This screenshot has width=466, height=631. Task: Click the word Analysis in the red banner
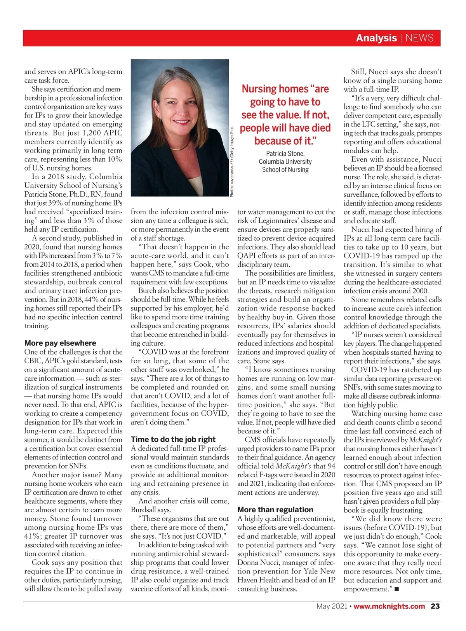coord(376,38)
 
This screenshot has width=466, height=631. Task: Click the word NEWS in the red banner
coord(419,38)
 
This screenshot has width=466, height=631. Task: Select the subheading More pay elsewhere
coord(60,343)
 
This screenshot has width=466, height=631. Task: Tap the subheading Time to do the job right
coord(173,439)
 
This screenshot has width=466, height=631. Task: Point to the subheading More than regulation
coord(275,510)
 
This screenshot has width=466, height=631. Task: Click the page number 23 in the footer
coord(435,606)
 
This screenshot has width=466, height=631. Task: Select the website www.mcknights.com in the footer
coord(389,606)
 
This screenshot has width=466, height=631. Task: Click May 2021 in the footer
coord(332,606)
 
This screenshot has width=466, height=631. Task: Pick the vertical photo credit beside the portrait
coord(232,162)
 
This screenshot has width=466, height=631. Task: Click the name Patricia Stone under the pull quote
coord(285,154)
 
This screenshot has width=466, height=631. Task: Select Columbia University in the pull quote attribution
coord(285,161)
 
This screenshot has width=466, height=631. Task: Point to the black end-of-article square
coord(397,589)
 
